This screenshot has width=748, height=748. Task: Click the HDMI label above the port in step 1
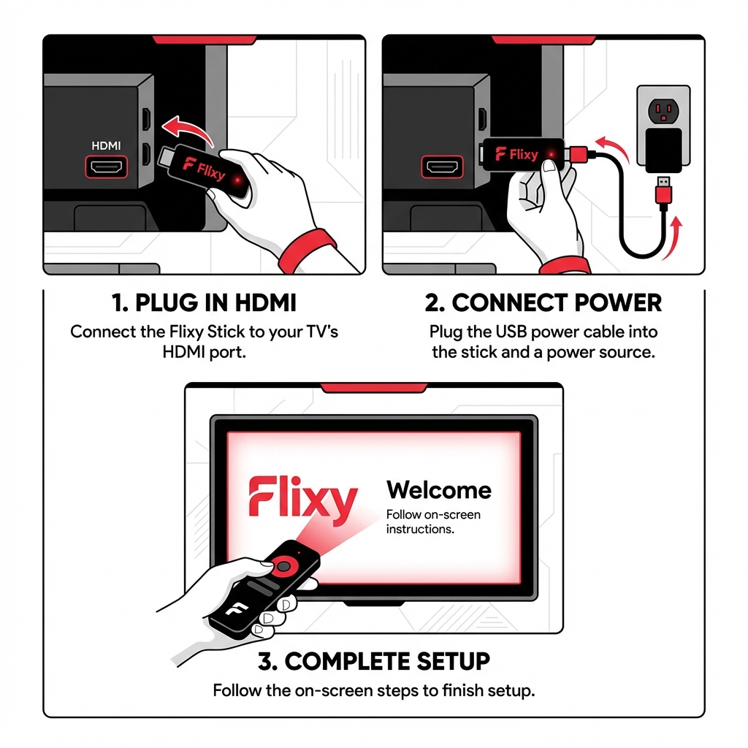[107, 146]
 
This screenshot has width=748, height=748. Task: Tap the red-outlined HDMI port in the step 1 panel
[107, 167]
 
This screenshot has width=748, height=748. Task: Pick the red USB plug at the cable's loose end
[664, 193]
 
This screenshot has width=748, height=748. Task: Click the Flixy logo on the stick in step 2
[516, 154]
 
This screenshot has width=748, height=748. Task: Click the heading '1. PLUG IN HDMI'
[205, 302]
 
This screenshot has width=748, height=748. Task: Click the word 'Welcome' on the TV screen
[438, 489]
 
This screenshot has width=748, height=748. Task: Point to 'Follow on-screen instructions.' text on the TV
[432, 522]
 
